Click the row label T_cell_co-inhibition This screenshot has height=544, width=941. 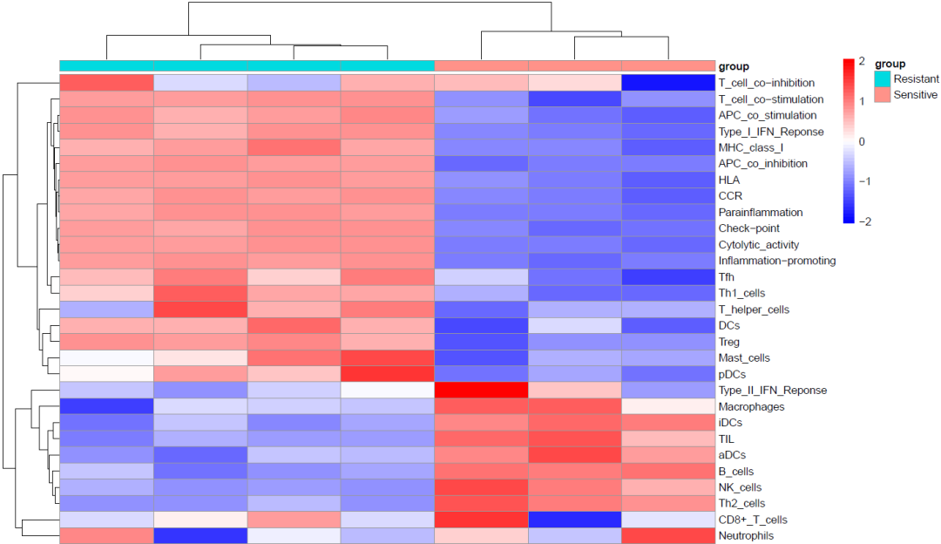pos(766,83)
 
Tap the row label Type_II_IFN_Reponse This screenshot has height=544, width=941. pos(772,390)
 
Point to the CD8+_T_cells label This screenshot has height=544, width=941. pos(753,520)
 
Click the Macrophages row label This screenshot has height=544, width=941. pos(751,406)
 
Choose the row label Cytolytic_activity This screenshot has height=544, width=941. pos(758,245)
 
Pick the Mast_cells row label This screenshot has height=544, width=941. pos(744,357)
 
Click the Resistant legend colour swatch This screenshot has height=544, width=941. pos(883,78)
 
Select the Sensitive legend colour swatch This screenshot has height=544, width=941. pos(883,94)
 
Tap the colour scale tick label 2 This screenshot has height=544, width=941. pos(861,61)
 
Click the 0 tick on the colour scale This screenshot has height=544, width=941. pos(861,141)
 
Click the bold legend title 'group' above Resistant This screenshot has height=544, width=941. pos(890,64)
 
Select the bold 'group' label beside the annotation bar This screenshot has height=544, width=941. pos(734,66)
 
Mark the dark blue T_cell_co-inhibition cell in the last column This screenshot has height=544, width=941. pos(667,83)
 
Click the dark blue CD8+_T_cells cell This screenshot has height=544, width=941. pos(574,520)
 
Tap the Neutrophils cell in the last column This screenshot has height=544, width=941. pos(667,535)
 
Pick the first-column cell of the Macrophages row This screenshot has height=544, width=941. pos(106,406)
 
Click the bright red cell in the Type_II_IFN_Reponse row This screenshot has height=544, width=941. pos(481,390)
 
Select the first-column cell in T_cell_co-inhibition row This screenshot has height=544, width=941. pos(106,83)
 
